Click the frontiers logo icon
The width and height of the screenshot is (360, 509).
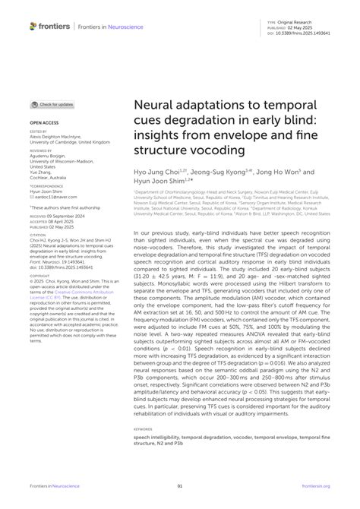pos(33,25)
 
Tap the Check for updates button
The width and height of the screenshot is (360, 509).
pos(52,104)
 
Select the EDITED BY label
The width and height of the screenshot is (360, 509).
pos(37,131)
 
